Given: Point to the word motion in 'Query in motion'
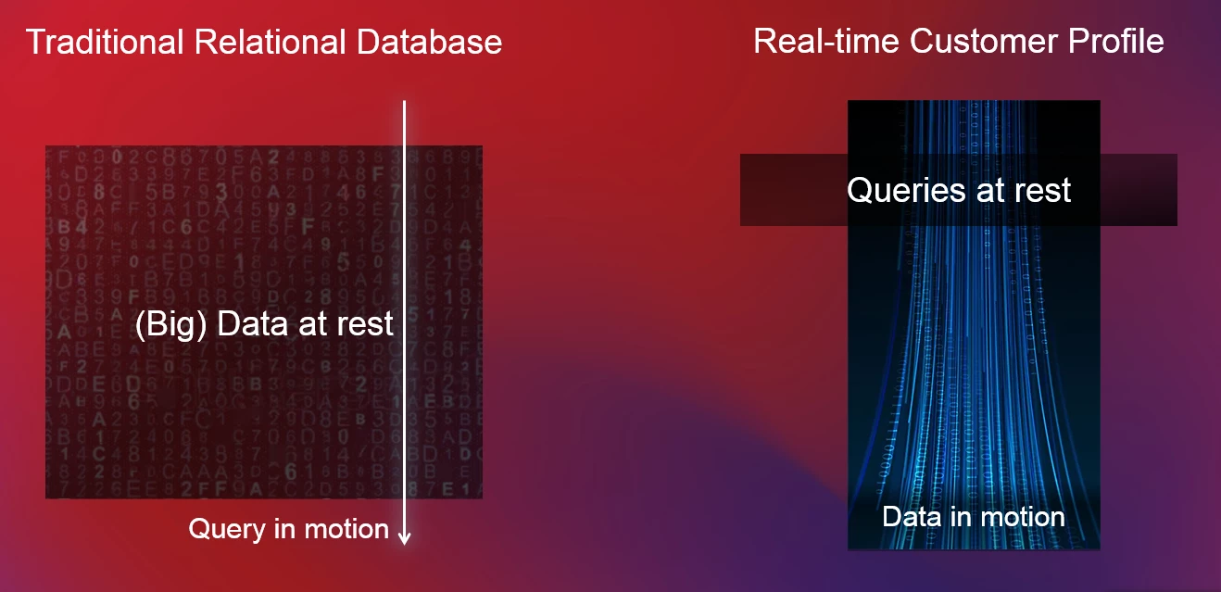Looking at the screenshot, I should [x=346, y=529].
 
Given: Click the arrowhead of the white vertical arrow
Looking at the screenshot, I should [x=404, y=537].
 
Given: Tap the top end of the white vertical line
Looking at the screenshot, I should [x=404, y=102].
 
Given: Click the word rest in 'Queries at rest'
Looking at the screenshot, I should [x=1042, y=191].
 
